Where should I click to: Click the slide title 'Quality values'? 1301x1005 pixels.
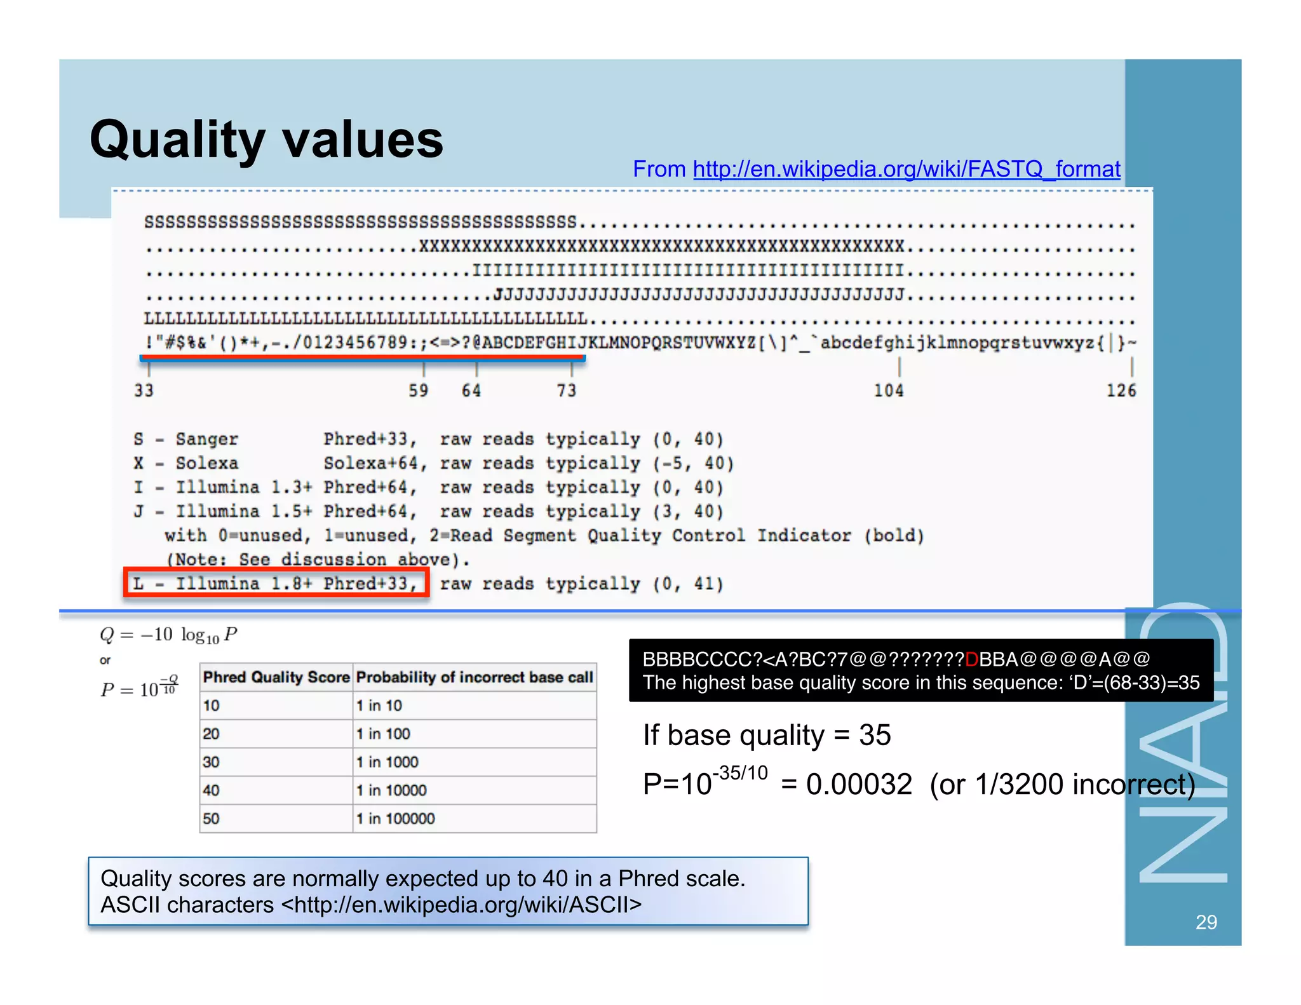pos(266,140)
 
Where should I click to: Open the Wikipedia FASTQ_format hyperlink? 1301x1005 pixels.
pos(906,170)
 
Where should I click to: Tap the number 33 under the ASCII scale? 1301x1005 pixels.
pos(144,390)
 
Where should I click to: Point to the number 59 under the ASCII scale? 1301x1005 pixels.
pos(418,390)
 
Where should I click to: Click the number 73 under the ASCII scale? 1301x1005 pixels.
pos(566,390)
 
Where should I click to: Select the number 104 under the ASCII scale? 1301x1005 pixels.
pos(888,390)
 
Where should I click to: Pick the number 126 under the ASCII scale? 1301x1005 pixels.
pos(1121,390)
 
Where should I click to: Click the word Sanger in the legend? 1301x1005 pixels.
pos(207,439)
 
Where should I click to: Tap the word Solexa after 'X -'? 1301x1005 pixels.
pos(207,463)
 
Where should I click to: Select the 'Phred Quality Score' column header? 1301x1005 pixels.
pos(276,677)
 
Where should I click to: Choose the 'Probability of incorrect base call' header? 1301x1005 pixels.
pos(475,677)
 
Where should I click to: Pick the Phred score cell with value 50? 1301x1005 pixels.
pos(212,818)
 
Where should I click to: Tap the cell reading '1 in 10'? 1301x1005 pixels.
pos(379,705)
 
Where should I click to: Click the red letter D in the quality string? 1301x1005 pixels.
pos(971,659)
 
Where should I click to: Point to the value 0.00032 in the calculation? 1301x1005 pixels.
pos(859,785)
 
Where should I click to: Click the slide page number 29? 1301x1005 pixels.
pos(1206,922)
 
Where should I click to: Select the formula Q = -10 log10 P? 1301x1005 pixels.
pos(168,635)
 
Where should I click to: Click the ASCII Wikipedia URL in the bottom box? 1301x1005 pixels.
pos(461,905)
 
